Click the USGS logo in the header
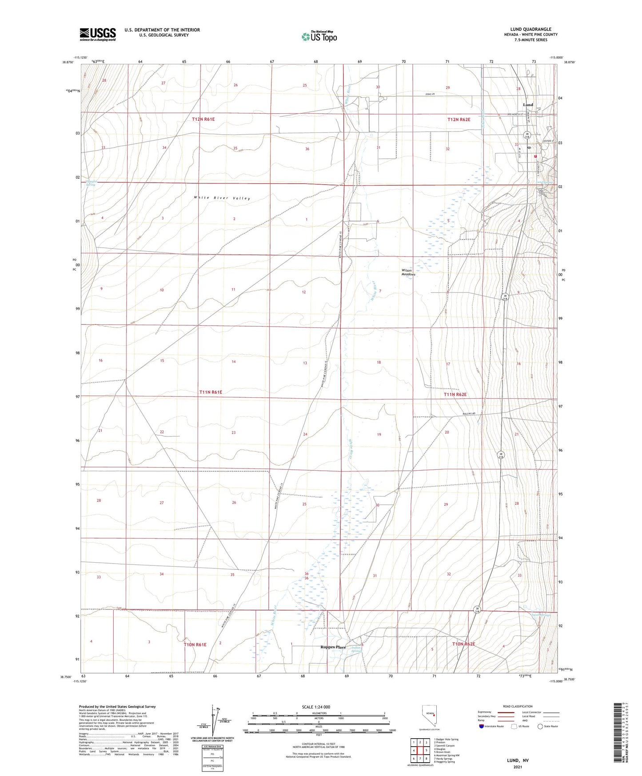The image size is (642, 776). click(98, 34)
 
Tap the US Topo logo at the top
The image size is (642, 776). click(319, 36)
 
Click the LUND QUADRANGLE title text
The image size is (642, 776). click(530, 29)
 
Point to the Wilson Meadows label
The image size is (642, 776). click(408, 272)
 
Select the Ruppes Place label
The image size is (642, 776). click(333, 647)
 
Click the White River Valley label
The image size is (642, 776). click(222, 198)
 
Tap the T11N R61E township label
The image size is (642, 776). click(210, 392)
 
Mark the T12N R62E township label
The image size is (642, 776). click(459, 120)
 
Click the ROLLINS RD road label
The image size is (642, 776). click(468, 414)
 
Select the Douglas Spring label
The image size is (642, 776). click(91, 183)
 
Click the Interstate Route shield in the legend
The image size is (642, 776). click(482, 726)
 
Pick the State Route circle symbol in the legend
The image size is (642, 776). click(540, 726)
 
